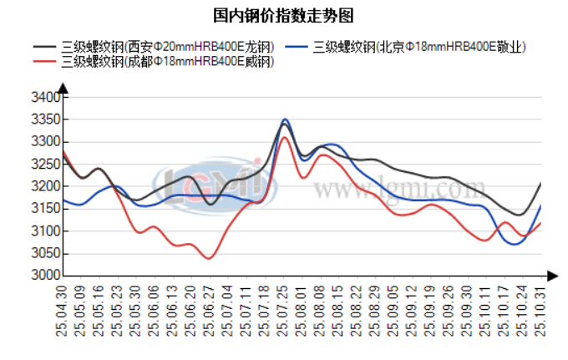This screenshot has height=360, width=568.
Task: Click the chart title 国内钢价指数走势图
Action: pyautogui.click(x=283, y=15)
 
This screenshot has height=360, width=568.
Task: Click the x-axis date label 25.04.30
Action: pyautogui.click(x=61, y=311)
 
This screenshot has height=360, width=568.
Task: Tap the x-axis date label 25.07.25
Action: pyautogui.click(x=282, y=311)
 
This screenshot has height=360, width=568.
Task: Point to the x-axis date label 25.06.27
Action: pyautogui.click(x=209, y=311)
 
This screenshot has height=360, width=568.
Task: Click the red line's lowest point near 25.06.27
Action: pyautogui.click(x=208, y=258)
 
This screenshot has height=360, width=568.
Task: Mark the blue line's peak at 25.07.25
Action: pyautogui.click(x=285, y=119)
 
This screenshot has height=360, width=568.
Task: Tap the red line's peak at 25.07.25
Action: pyautogui.click(x=284, y=137)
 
